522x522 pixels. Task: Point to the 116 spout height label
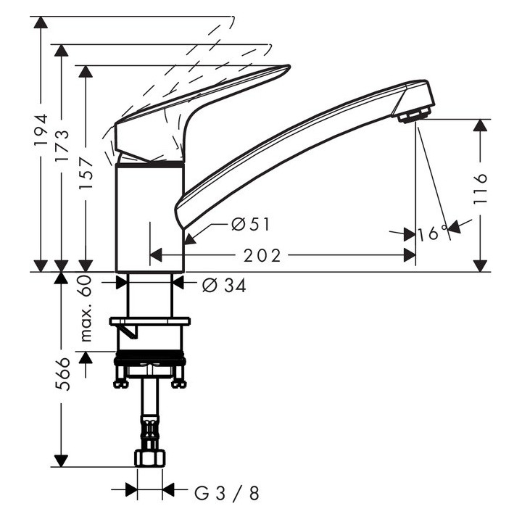pyautogui.click(x=481, y=188)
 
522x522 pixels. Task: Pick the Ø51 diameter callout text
pyautogui.click(x=250, y=225)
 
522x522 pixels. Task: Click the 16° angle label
pyautogui.click(x=434, y=233)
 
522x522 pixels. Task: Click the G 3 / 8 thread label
pyautogui.click(x=227, y=494)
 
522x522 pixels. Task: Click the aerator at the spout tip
pyautogui.click(x=414, y=115)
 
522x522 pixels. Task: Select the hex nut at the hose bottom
pyautogui.click(x=149, y=458)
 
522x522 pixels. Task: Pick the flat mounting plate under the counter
pyautogui.click(x=149, y=320)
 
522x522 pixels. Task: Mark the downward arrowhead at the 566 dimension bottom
pyautogui.click(x=61, y=460)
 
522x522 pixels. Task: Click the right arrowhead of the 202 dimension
pyautogui.click(x=410, y=255)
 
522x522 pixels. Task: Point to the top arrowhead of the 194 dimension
pyautogui.click(x=41, y=22)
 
